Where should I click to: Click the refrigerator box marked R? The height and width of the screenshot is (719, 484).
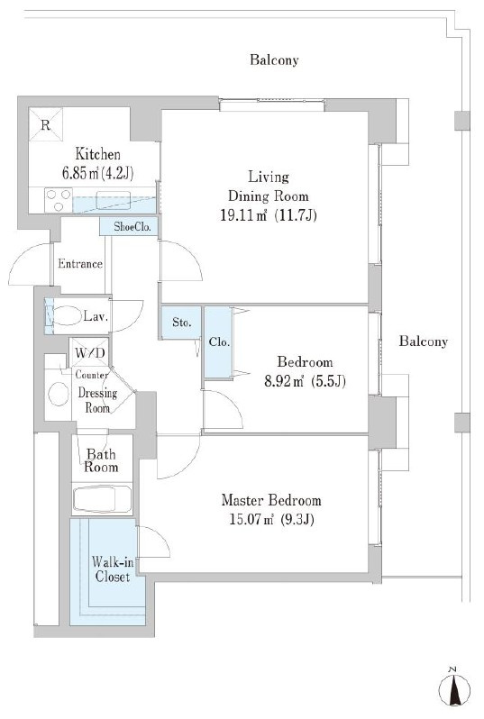coord(45,124)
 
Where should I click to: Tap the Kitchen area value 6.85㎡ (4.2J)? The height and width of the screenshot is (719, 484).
coord(97,173)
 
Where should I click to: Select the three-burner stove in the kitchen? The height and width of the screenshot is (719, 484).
coord(59,200)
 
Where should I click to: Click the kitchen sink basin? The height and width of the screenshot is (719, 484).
coord(114,200)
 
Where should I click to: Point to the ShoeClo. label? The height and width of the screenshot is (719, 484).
coord(132,226)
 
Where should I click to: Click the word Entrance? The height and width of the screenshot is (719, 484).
coord(80,264)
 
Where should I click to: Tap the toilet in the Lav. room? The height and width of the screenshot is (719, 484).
coord(67,315)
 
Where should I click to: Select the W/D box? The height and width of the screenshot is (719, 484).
coord(89,352)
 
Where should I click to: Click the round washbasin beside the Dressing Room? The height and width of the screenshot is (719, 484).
coord(59,394)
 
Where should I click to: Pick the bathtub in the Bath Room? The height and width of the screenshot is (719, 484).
coord(102,499)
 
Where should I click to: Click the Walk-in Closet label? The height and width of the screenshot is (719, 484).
coord(113,569)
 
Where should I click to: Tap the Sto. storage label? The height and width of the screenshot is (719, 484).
coord(182,323)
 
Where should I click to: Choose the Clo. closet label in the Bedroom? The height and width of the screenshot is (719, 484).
coord(219,342)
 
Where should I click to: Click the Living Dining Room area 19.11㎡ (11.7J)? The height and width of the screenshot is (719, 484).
coord(269,215)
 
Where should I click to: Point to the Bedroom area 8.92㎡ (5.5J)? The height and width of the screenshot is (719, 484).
coord(305,381)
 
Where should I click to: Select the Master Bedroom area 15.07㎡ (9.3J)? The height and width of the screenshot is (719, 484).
coord(271,519)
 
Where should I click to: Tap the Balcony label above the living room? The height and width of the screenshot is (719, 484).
coord(274,60)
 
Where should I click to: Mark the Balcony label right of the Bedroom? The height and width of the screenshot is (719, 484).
coord(423,341)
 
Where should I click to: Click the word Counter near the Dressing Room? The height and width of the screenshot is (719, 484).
coord(92,375)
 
